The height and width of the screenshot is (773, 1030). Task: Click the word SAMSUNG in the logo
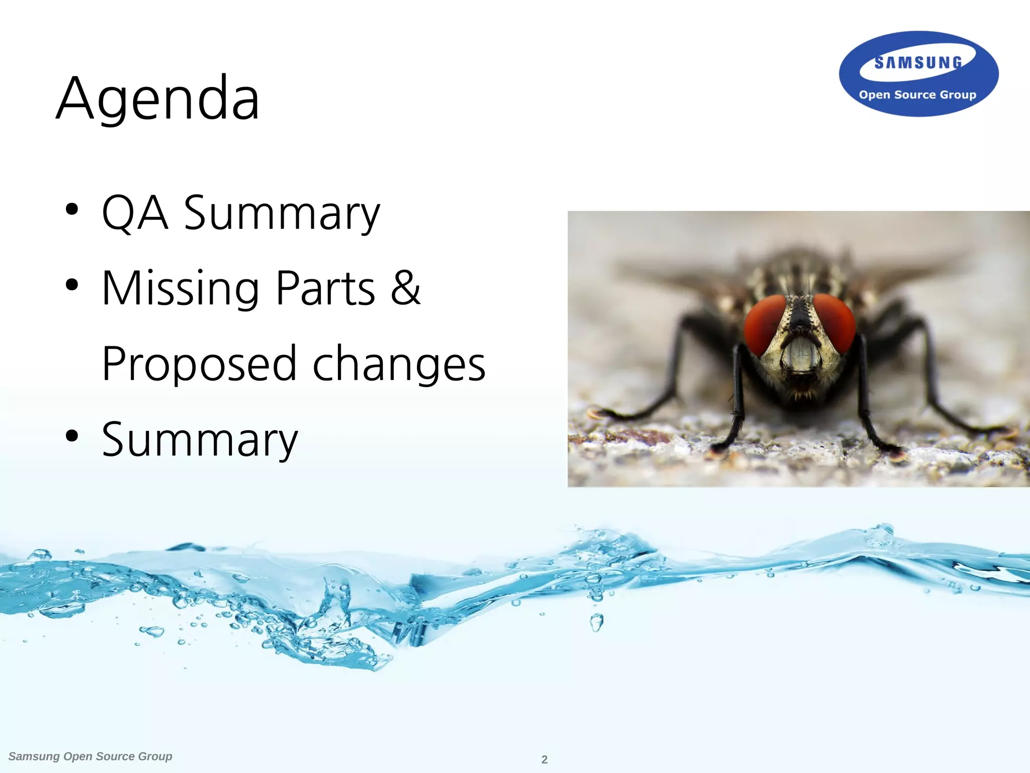coord(918,63)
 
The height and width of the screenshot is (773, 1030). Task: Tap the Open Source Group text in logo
coord(917,95)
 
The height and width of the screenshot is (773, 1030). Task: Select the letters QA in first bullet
coord(134,213)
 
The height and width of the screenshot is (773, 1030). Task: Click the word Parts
coord(326,289)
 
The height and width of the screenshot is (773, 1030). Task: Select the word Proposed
coord(199,364)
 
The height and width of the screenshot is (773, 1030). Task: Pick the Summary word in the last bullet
coord(200,441)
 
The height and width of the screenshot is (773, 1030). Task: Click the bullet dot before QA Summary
coord(72,209)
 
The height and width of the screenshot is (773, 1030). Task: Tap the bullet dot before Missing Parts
coord(72,285)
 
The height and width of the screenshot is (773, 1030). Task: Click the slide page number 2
coord(544,759)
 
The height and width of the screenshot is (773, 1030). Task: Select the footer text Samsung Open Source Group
coord(91,756)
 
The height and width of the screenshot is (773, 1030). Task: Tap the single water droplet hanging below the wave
coord(596,623)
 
